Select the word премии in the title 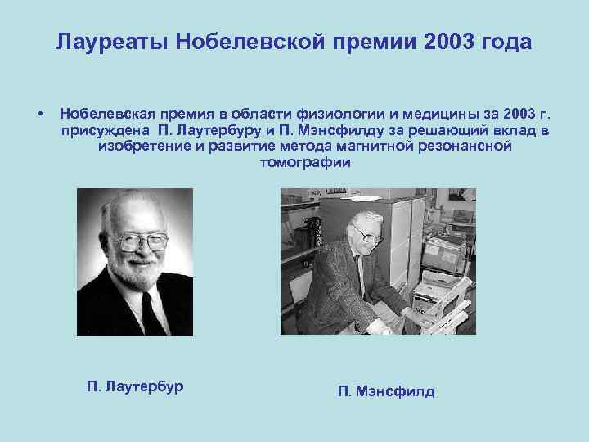[375, 42]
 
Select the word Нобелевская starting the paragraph [106, 112]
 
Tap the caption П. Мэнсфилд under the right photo [386, 391]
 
